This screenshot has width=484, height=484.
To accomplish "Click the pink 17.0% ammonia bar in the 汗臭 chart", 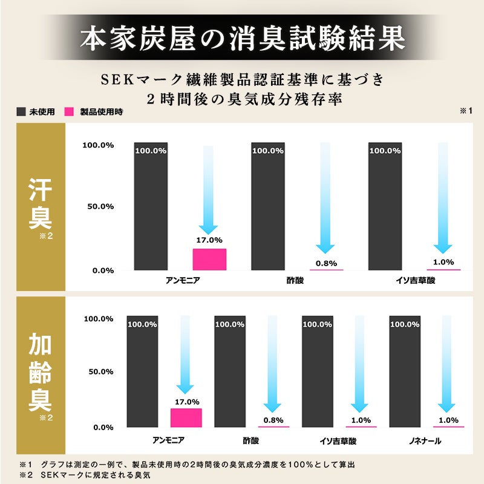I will pyautogui.click(x=209, y=259).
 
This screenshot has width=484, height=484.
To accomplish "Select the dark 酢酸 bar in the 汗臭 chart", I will pyautogui.click(x=268, y=206).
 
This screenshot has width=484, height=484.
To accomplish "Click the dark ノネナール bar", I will pyautogui.click(x=405, y=371).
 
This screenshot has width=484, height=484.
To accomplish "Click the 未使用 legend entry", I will pyautogui.click(x=36, y=112).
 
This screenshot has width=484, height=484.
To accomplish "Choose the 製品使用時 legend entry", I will pyautogui.click(x=94, y=112).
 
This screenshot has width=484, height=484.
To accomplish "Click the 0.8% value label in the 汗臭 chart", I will pyautogui.click(x=327, y=263).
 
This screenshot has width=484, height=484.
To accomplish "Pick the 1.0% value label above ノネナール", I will pyautogui.click(x=448, y=420).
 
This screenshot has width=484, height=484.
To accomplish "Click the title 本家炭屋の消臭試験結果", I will pyautogui.click(x=242, y=38).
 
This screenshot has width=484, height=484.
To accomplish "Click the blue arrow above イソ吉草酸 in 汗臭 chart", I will pyautogui.click(x=443, y=197).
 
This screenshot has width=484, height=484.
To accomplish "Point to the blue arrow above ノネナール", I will pyautogui.click(x=448, y=363).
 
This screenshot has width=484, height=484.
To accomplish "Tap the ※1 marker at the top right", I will pyautogui.click(x=465, y=111).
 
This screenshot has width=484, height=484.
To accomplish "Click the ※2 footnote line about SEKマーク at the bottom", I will pyautogui.click(x=85, y=475).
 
